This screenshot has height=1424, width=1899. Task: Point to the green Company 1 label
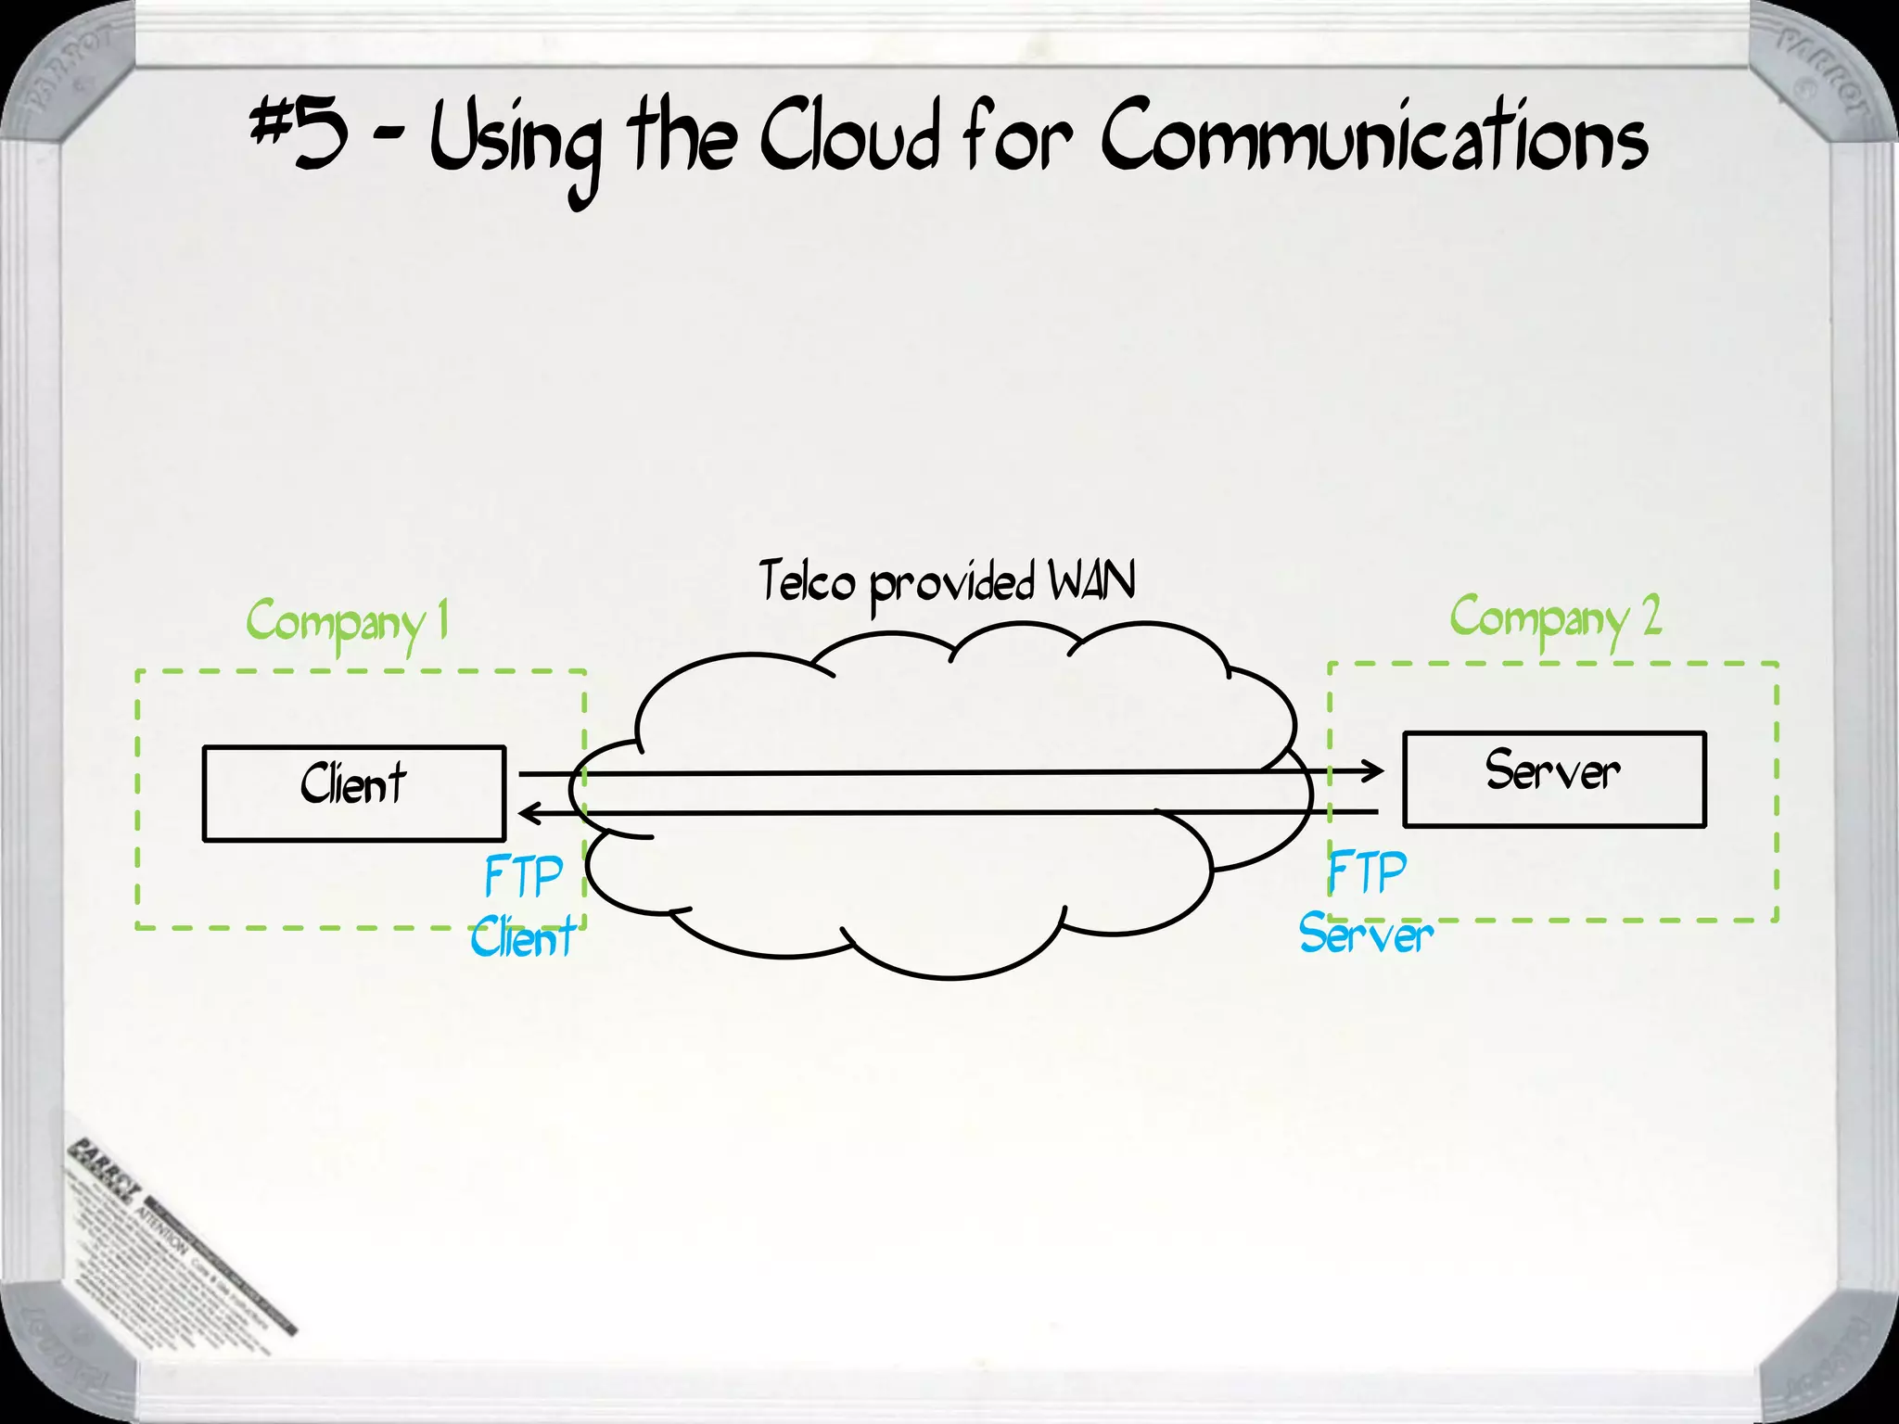point(348,621)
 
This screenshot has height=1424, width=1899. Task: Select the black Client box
point(353,793)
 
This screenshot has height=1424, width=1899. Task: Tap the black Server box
point(1554,779)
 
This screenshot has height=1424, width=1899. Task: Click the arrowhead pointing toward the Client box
point(530,814)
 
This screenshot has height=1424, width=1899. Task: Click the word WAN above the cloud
point(1091,582)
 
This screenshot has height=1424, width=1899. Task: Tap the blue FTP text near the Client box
point(523,876)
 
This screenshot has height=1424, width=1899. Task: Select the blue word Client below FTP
point(522,937)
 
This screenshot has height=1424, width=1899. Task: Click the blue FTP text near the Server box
point(1367,873)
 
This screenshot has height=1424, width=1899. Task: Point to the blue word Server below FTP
point(1366,934)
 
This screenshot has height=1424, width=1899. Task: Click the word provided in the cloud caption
point(952,584)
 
